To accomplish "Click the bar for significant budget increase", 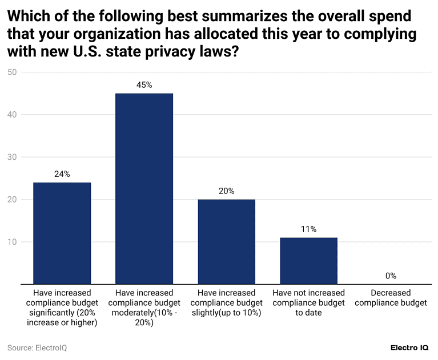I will point(62,233).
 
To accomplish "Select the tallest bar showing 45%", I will point(144,188).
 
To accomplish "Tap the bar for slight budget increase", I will point(226,241).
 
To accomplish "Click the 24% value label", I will point(62,174).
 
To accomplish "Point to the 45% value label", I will point(144,85).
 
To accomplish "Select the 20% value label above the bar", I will point(226,191).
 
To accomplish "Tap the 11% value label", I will point(308,229).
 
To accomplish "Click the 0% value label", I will point(391,276).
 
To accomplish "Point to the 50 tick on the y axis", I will point(12,72).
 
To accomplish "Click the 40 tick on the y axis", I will point(12,115).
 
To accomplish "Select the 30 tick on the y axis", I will point(12,157).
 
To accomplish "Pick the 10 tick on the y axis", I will point(12,242).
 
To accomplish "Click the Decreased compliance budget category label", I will point(391,298).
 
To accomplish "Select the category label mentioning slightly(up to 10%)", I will point(226,302).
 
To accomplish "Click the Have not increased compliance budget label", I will point(308,302).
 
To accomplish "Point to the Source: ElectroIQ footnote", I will point(37,347).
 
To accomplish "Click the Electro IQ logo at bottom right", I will point(409,347).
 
